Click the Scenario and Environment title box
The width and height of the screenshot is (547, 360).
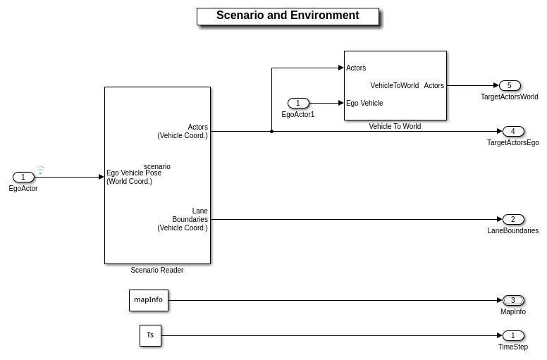click(x=288, y=16)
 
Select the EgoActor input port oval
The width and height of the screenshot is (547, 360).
click(x=23, y=178)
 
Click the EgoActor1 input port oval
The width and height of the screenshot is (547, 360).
click(x=298, y=104)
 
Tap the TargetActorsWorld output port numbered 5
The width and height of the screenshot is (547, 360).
click(x=510, y=86)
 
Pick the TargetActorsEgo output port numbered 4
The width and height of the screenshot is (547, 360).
click(x=513, y=132)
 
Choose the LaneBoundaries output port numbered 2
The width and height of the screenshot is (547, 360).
click(x=513, y=220)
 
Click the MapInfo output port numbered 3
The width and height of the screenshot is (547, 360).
click(x=513, y=301)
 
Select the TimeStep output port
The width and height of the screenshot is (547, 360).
click(x=513, y=336)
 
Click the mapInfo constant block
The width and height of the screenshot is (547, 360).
click(x=149, y=300)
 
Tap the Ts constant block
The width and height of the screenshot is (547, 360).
click(x=150, y=335)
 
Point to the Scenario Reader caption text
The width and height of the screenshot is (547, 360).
click(x=157, y=271)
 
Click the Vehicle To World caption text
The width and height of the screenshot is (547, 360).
click(x=395, y=127)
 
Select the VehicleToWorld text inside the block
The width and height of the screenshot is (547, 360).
click(x=395, y=86)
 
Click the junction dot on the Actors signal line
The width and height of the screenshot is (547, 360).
click(x=271, y=131)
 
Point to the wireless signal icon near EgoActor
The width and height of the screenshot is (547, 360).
click(x=40, y=170)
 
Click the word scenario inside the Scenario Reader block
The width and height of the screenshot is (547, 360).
click(x=157, y=167)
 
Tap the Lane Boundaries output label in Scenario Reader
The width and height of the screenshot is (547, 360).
click(x=183, y=220)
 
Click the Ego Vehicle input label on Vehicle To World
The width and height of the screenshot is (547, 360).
click(x=364, y=104)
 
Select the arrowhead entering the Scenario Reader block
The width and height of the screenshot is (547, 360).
click(x=102, y=178)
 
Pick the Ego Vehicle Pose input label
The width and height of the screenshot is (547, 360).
click(x=134, y=178)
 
